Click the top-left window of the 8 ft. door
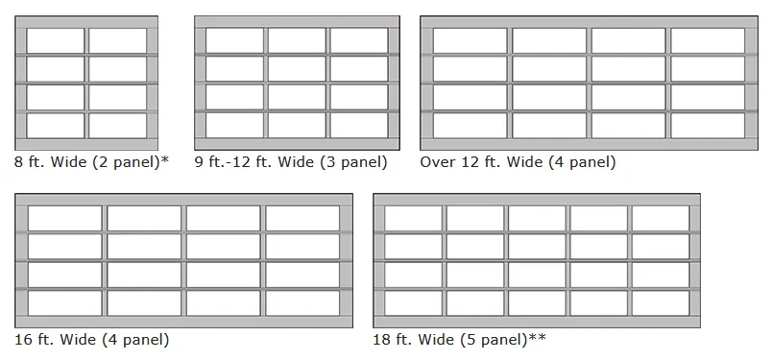coord(56,40)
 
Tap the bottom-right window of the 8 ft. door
coord(118,126)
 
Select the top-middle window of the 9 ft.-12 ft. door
coord(297,40)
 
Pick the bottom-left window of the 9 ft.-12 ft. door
coord(234,126)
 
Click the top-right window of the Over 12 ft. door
coord(708,40)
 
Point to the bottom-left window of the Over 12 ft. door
coord(470,126)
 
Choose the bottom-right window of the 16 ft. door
coord(302,303)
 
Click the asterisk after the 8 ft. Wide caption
coord(164,159)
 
